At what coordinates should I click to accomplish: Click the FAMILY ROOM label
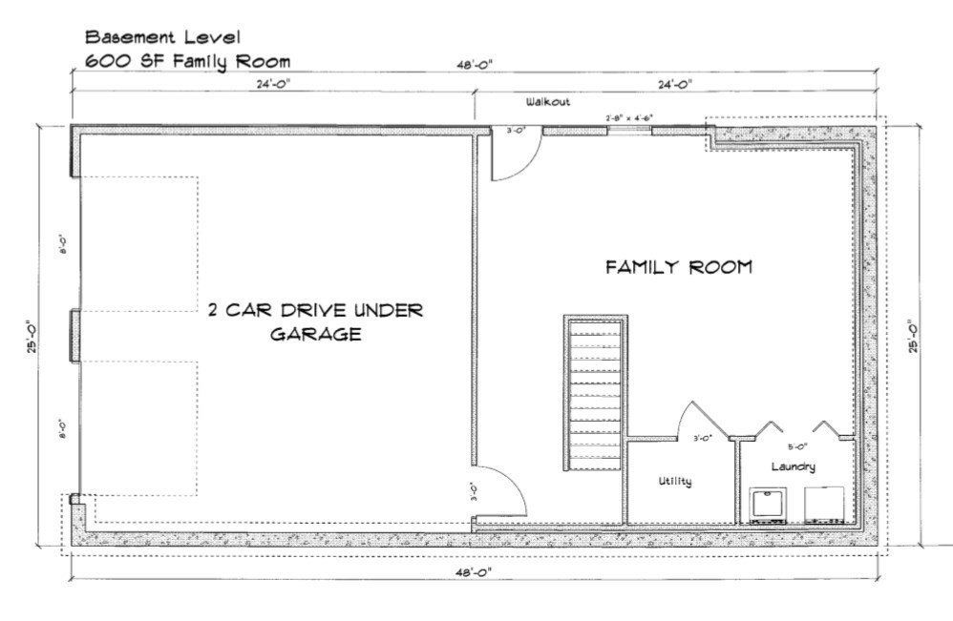point(678,267)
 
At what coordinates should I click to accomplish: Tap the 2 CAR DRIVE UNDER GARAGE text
point(315,322)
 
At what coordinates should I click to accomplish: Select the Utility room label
point(674,482)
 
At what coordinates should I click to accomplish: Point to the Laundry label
point(793,466)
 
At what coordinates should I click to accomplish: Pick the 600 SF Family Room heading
point(187,62)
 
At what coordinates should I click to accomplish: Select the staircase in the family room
point(594,391)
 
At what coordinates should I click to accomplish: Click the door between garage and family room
point(498,491)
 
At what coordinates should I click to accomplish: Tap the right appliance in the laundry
point(824,506)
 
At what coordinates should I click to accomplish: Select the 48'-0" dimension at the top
point(475,66)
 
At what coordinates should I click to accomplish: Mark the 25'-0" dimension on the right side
point(914,335)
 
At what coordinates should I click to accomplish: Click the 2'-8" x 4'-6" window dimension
point(629,118)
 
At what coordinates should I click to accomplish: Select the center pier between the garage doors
point(74,336)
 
